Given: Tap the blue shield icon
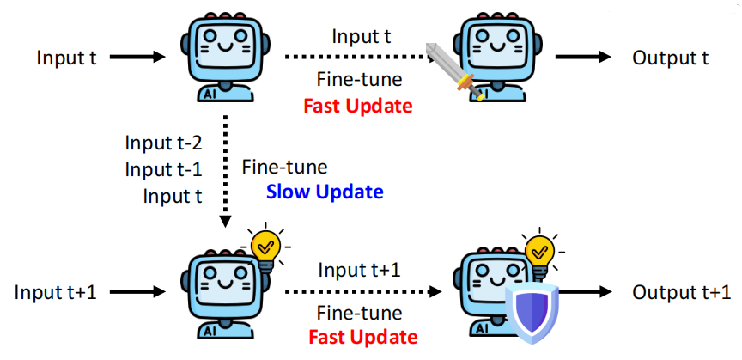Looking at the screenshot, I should pyautogui.click(x=530, y=311).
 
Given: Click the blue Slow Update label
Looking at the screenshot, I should pyautogui.click(x=325, y=191).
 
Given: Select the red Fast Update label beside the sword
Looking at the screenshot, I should pyautogui.click(x=357, y=107).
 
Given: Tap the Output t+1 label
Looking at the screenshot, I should pyautogui.click(x=682, y=291).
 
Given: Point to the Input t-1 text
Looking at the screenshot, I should pyautogui.click(x=163, y=168).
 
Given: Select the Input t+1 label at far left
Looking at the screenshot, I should pyautogui.click(x=56, y=291).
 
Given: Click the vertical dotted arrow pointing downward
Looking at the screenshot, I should pyautogui.click(x=225, y=172).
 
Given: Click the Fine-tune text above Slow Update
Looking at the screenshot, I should pyautogui.click(x=284, y=166).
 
